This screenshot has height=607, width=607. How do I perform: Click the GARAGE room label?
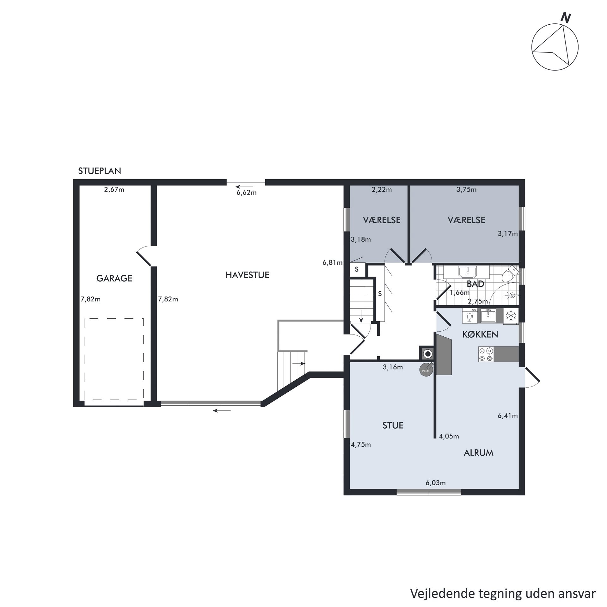coord(114,278)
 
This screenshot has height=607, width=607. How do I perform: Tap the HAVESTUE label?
coord(247,275)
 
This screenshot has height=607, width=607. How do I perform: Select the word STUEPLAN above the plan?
coord(100,171)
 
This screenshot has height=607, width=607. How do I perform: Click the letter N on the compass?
coord(565,18)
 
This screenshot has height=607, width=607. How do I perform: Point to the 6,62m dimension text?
coord(247,193)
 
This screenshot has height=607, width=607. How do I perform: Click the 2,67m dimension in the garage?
coord(114,190)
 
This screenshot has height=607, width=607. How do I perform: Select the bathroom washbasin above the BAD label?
coord(466,272)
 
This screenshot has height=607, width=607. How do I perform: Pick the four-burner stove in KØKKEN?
coord(486,354)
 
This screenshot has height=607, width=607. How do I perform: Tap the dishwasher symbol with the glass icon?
coord(470,316)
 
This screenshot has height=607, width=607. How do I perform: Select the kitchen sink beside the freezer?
coord(488,315)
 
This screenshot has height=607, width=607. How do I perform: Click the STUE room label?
coord(393,426)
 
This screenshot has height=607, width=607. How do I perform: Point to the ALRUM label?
coord(479,453)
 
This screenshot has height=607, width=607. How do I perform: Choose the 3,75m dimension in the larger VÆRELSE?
coord(467,190)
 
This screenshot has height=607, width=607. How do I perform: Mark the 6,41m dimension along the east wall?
coord(508,416)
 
